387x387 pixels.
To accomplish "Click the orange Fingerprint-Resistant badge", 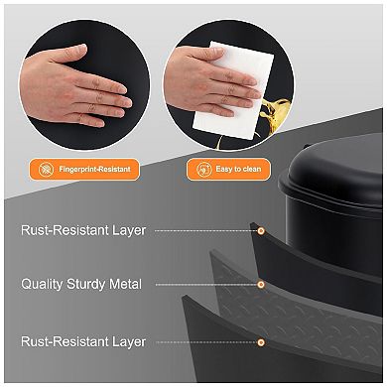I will pos(84,170).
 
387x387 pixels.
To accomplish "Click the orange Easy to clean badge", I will pos(227,170).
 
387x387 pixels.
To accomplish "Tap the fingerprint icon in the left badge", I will pos(47,170).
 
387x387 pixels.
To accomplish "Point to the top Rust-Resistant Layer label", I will pos(83,230).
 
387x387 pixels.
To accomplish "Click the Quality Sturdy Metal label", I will pos(81,285).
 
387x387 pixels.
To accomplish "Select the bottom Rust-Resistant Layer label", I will pos(83,341).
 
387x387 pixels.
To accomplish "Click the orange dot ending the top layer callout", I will pos(261,230).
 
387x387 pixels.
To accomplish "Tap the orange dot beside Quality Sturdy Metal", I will pos(261,285).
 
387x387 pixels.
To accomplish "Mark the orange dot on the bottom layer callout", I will pos(261,341).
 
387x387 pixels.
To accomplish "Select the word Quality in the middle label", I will pos(43,285).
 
